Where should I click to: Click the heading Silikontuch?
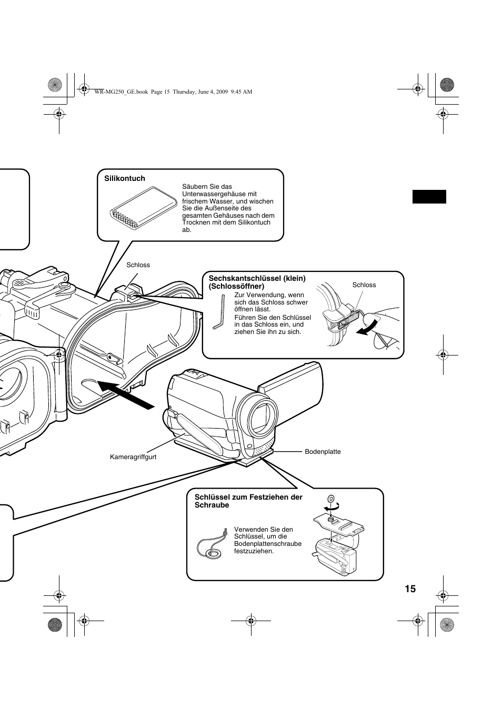124,178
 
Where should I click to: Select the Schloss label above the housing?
138,265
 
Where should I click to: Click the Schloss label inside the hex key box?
364,285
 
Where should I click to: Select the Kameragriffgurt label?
133,457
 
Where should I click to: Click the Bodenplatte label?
323,451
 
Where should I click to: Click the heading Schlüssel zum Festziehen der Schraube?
248,501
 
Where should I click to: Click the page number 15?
410,589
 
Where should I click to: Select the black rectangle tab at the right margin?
429,197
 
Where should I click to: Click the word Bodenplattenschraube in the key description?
268,544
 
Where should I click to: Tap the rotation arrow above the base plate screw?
332,508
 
